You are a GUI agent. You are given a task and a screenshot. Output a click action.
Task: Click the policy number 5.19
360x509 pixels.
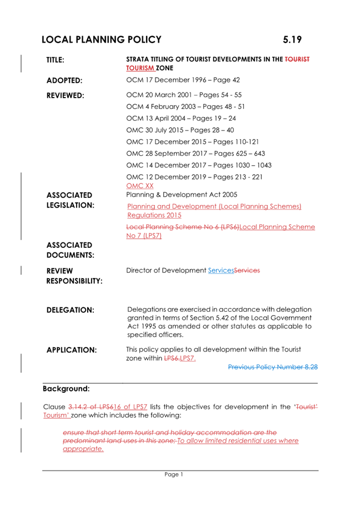pyautogui.click(x=292, y=40)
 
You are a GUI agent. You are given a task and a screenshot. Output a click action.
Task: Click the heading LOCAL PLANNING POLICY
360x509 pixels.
pyautogui.click(x=101, y=40)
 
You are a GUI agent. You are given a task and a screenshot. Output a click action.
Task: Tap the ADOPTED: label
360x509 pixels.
pyautogui.click(x=64, y=80)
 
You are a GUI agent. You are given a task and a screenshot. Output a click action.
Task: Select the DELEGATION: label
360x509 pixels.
pyautogui.click(x=70, y=310)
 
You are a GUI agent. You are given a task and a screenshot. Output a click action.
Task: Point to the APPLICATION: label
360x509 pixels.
pyautogui.click(x=72, y=350)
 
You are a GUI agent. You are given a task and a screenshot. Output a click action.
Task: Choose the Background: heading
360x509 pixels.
pyautogui.click(x=66, y=388)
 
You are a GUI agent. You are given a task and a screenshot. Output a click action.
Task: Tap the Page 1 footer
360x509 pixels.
pyautogui.click(x=173, y=474)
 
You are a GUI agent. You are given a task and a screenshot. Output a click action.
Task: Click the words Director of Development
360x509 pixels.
pyautogui.click(x=166, y=270)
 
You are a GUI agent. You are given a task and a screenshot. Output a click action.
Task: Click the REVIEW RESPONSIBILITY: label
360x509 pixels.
pyautogui.click(x=74, y=276)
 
